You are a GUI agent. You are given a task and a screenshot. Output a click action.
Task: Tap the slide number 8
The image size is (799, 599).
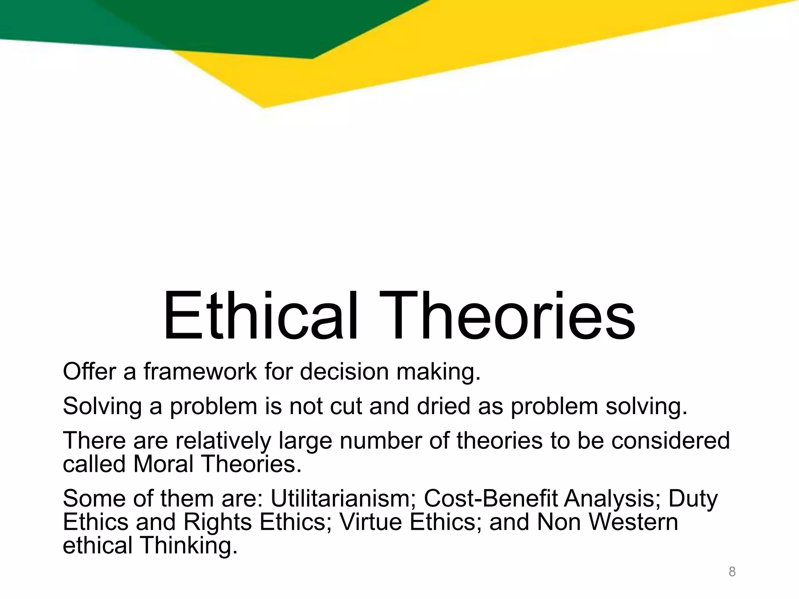[x=732, y=572]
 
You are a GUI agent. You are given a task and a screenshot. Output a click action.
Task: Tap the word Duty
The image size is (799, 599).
[x=693, y=498]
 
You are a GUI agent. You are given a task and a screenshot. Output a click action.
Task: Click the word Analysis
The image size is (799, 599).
[x=612, y=498]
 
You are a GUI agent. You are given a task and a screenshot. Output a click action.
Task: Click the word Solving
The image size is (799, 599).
[x=102, y=406]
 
